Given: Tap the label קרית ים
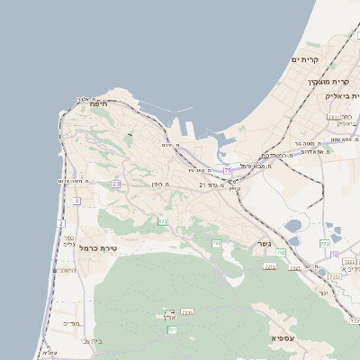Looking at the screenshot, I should [x=305, y=59].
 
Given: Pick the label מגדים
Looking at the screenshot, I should [x=72, y=323].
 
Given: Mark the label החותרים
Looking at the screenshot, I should [x=66, y=269].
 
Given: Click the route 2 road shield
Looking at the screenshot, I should [x=61, y=222].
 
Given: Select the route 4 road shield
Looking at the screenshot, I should [x=77, y=202].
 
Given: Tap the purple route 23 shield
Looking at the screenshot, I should [x=116, y=184].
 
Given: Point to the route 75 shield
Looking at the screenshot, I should [x=228, y=169].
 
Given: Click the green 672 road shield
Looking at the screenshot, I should [x=163, y=220].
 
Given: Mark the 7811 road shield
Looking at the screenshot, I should [x=187, y=311].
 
